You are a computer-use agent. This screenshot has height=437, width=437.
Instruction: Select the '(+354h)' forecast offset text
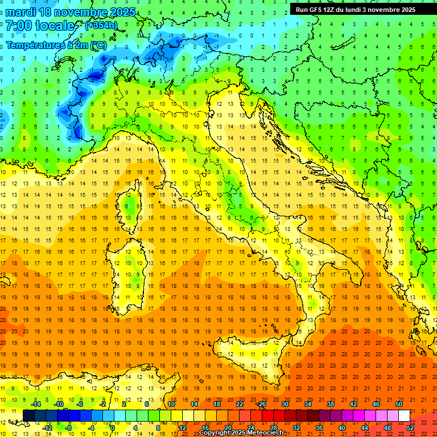(101, 26)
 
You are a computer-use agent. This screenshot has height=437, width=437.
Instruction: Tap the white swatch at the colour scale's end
(404, 415)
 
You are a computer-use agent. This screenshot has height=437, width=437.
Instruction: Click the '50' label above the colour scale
(398, 404)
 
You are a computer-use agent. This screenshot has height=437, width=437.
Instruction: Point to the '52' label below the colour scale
(410, 427)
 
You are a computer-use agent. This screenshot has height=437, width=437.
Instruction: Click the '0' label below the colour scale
(113, 427)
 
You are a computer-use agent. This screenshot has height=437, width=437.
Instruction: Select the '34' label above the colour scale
(307, 404)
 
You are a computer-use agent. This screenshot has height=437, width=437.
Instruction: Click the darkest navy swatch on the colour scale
(28, 415)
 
